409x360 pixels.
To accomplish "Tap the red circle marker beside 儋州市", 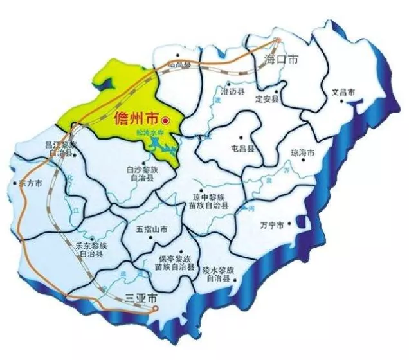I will coord(165,120).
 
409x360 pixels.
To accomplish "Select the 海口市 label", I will coord(282,59).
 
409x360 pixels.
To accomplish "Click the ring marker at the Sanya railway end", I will coord(155,309).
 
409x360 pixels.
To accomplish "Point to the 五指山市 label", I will coord(152,229).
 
